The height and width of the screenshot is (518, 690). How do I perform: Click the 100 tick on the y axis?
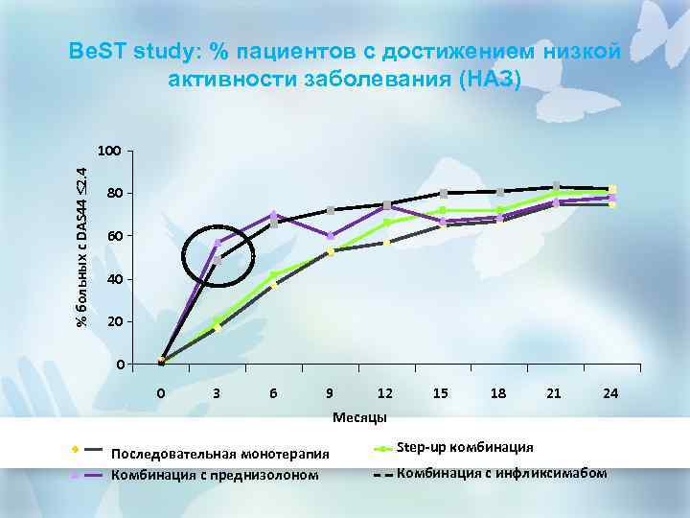pyautogui.click(x=109, y=152)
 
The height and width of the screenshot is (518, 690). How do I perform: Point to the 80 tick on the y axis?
pyautogui.click(x=113, y=194)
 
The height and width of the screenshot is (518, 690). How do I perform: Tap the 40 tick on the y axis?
pyautogui.click(x=113, y=279)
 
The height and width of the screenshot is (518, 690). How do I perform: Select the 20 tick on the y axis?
pyautogui.click(x=113, y=321)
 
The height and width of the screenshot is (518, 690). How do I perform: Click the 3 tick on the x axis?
pyautogui.click(x=218, y=392)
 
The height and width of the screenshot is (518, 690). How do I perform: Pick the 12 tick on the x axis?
pyautogui.click(x=385, y=392)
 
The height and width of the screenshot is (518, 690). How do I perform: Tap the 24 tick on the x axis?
pyautogui.click(x=610, y=392)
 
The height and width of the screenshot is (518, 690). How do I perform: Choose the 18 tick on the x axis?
pyautogui.click(x=498, y=392)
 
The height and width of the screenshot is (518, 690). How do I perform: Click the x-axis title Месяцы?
pyautogui.click(x=359, y=417)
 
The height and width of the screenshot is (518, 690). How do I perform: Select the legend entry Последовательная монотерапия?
pyautogui.click(x=220, y=453)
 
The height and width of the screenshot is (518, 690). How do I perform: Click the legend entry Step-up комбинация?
pyautogui.click(x=465, y=448)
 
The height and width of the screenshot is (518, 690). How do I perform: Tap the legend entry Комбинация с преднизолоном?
pyautogui.click(x=215, y=474)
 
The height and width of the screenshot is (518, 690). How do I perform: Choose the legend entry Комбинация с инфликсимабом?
pyautogui.click(x=501, y=473)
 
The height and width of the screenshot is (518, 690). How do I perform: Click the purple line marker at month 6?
pyautogui.click(x=274, y=214)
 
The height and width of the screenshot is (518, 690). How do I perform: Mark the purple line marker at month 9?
pyautogui.click(x=331, y=236)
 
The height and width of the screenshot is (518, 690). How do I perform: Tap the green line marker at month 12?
pyautogui.click(x=386, y=224)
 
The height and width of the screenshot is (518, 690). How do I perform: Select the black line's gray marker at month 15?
pyautogui.click(x=443, y=194)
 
